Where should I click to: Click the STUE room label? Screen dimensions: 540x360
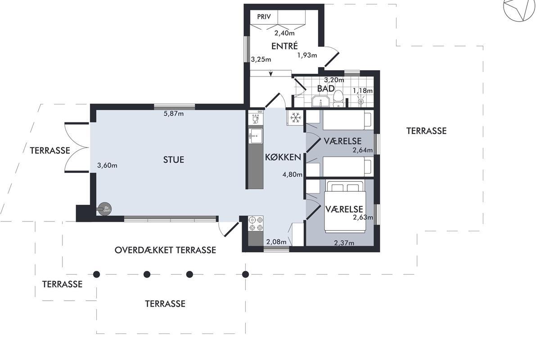pyautogui.click(x=174, y=160)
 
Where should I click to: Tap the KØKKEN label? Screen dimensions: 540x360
pyautogui.click(x=283, y=157)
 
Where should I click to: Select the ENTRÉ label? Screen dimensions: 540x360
pyautogui.click(x=284, y=46)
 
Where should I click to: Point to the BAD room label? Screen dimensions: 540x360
pyautogui.click(x=326, y=89)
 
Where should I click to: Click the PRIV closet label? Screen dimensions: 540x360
pyautogui.click(x=264, y=17)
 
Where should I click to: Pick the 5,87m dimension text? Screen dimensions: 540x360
pyautogui.click(x=174, y=113)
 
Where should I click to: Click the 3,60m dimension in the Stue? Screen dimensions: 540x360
pyautogui.click(x=107, y=166)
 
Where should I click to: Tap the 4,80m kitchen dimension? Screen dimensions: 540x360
pyautogui.click(x=292, y=174)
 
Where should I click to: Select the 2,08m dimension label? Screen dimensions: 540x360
pyautogui.click(x=276, y=241)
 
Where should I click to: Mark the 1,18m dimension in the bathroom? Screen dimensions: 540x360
pyautogui.click(x=363, y=90)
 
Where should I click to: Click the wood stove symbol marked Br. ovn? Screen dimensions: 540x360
pyautogui.click(x=104, y=209)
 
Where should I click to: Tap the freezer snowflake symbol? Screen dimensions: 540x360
pyautogui.click(x=296, y=118)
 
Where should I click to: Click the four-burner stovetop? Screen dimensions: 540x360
pyautogui.click(x=256, y=224)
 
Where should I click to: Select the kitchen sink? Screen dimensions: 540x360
pyautogui.click(x=256, y=136)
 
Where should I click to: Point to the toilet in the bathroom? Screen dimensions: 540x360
pyautogui.click(x=338, y=99)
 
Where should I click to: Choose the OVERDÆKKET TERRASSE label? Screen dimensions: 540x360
pyautogui.click(x=165, y=250)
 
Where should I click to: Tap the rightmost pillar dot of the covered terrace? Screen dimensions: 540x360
pyautogui.click(x=245, y=274)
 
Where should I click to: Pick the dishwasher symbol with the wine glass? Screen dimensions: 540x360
pyautogui.click(x=256, y=117)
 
